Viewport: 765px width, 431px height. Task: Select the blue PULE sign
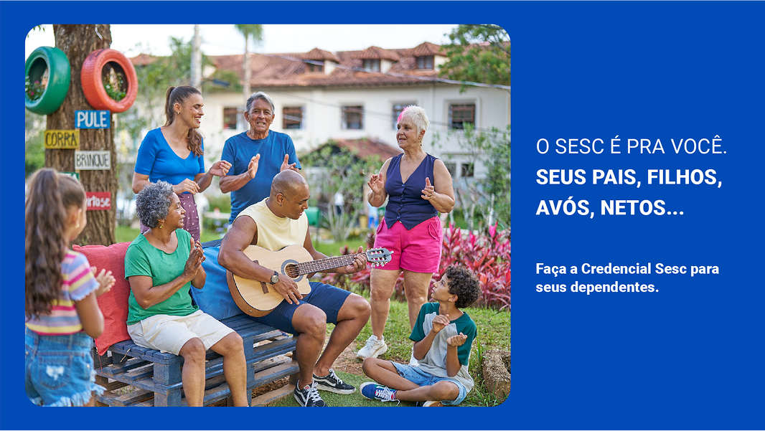click(92, 120)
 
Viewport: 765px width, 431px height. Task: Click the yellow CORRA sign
click(62, 139)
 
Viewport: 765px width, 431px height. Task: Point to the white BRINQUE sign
click(92, 160)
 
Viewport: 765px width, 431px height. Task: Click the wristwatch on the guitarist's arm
click(274, 278)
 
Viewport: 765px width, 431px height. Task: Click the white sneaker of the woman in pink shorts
click(372, 346)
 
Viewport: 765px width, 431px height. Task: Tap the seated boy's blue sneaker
click(378, 391)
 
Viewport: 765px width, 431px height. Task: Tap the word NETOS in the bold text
click(642, 208)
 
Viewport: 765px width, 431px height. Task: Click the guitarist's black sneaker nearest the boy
click(334, 382)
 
